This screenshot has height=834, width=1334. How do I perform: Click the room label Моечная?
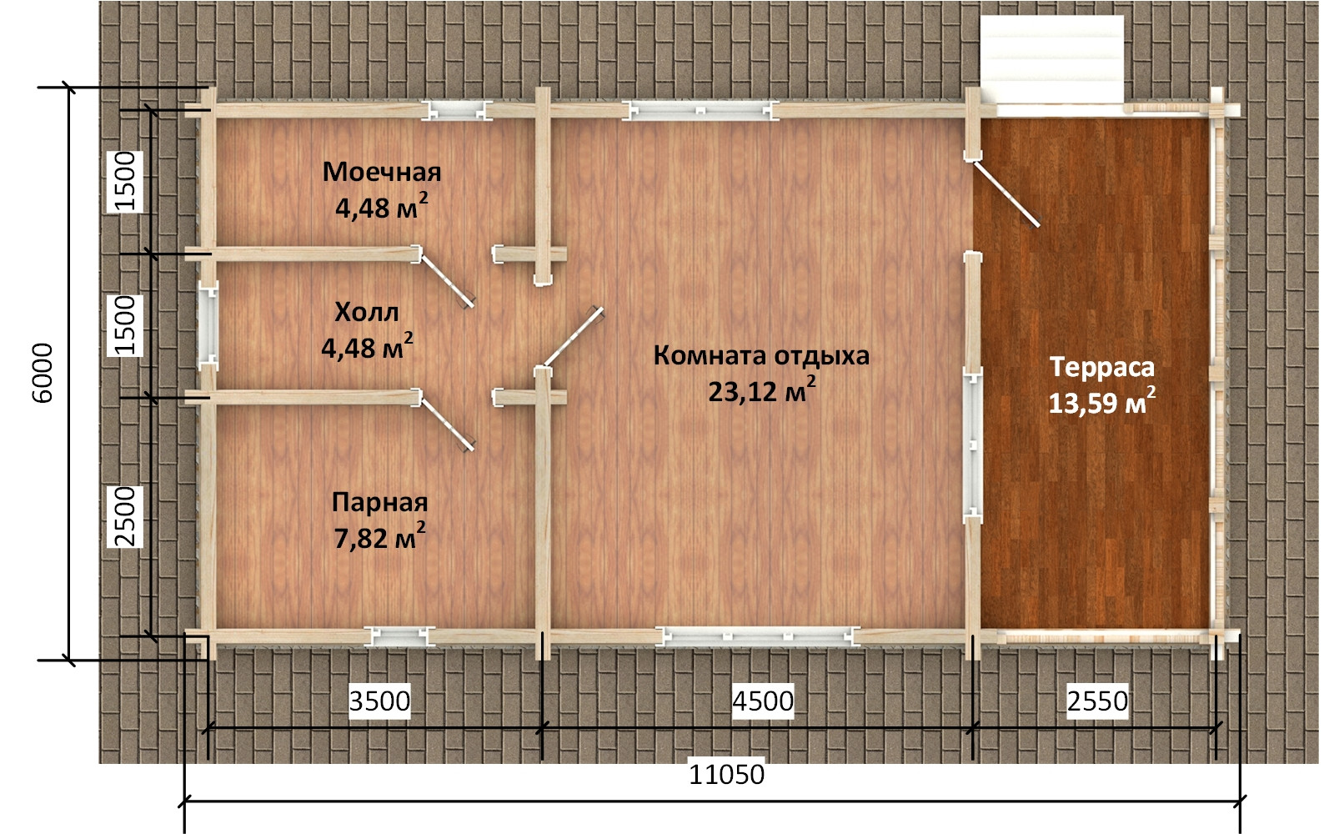pos(382,172)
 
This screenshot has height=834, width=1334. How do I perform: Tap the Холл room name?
pos(366,312)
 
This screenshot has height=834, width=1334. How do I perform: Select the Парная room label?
pos(380,503)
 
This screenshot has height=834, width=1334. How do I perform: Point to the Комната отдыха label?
pos(761,355)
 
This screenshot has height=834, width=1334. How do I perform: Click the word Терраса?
pos(1101,367)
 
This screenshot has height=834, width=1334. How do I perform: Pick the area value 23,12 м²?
pos(762,390)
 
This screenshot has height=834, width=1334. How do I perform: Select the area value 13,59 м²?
pos(1101,401)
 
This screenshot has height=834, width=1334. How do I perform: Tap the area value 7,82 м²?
pos(380,537)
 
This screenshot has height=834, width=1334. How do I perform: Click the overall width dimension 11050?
pos(726,775)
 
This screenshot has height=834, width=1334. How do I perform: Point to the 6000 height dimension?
pos(43,373)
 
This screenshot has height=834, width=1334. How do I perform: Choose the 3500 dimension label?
pos(379,701)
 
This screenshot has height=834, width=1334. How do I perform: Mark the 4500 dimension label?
pos(763,701)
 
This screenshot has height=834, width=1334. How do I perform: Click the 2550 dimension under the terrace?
pos(1097,701)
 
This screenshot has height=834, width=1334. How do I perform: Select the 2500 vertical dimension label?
pos(125,516)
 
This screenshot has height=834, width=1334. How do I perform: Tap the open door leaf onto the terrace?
pos(1007,193)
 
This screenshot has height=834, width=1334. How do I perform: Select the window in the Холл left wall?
pos(208,325)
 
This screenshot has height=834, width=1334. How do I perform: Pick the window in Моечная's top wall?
pos(455,111)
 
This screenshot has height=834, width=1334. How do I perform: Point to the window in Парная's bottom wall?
pos(399,637)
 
